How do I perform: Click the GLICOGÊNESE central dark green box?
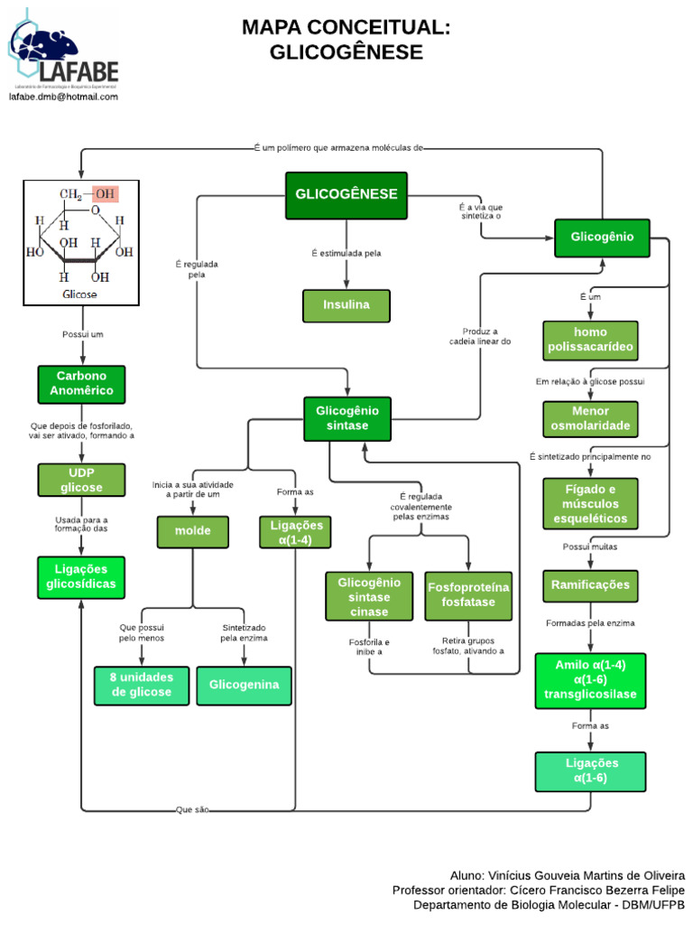tap(346, 195)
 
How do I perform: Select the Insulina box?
tap(346, 305)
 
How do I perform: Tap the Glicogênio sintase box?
tap(347, 418)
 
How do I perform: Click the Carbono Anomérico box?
tap(82, 384)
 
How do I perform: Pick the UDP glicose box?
tap(82, 480)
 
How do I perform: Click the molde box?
tap(192, 531)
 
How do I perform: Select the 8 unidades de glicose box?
tap(143, 686)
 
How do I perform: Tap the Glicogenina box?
tap(245, 686)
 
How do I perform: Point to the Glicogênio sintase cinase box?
tap(369, 596)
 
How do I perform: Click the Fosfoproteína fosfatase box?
tap(468, 596)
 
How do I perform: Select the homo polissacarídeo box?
tap(590, 341)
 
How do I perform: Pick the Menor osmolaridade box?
tap(590, 420)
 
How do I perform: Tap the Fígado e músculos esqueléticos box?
tap(590, 503)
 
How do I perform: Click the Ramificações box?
tap(590, 585)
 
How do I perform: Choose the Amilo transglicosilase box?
tap(590, 680)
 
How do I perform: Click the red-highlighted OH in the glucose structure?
tap(105, 193)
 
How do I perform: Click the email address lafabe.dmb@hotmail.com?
tap(63, 97)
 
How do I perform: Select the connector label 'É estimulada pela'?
tap(346, 254)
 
